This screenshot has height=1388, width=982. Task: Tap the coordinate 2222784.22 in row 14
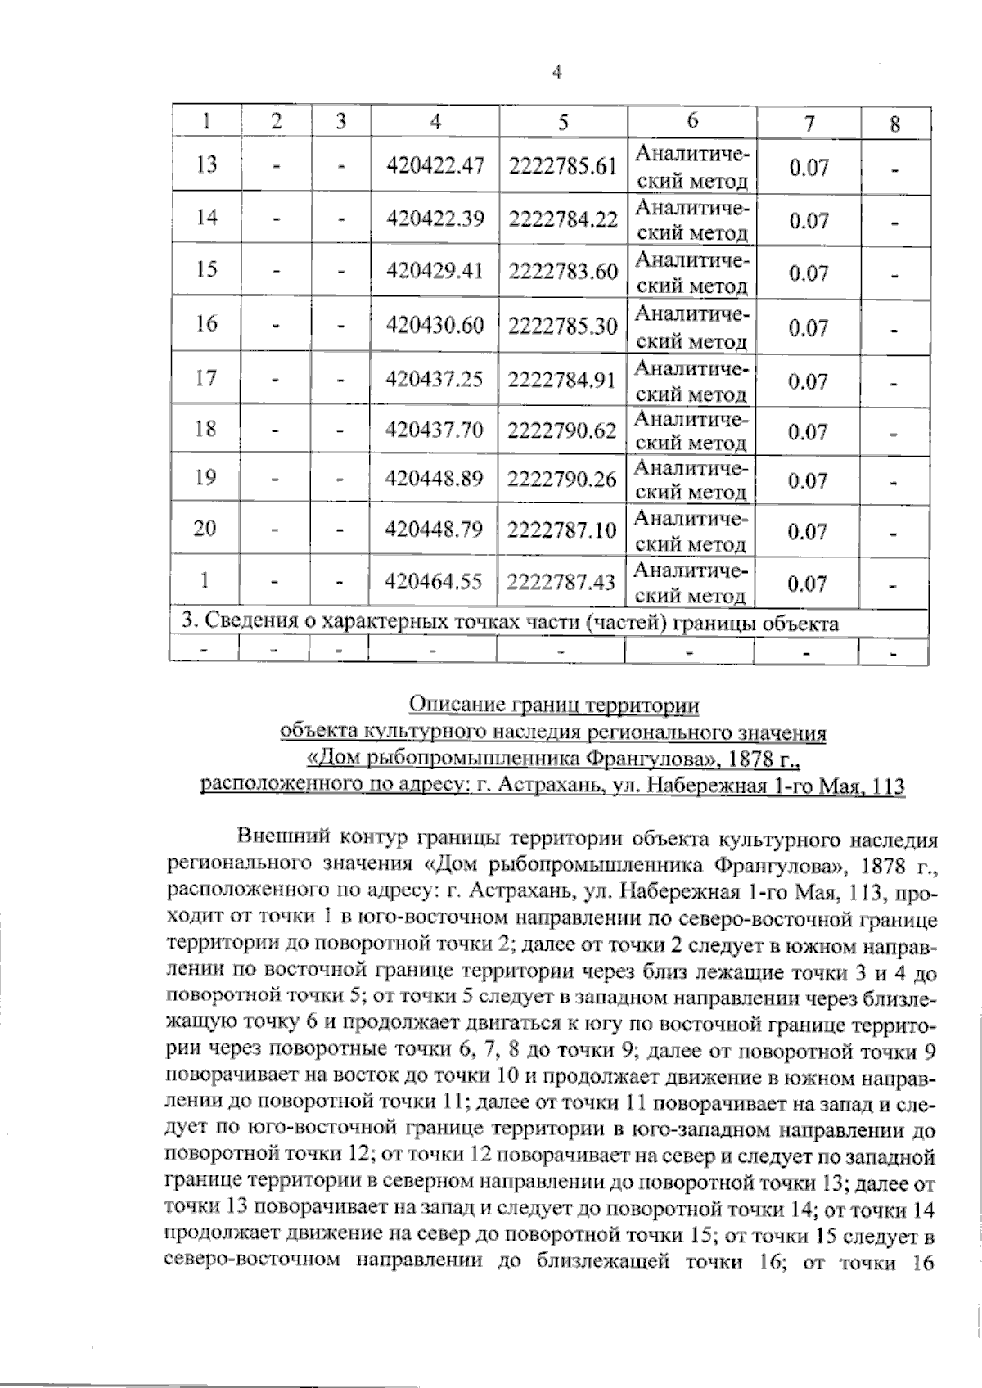[x=562, y=219]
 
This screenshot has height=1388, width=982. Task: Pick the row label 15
[x=207, y=270]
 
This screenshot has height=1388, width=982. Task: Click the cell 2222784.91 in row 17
[x=562, y=379]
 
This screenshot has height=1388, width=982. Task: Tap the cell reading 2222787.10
[x=562, y=530]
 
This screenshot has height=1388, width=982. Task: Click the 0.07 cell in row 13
[x=809, y=169]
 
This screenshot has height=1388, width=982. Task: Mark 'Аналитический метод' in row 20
[x=691, y=531]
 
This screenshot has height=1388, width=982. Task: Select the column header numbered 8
[x=894, y=124]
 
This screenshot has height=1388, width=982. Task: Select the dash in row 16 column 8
[x=895, y=330]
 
